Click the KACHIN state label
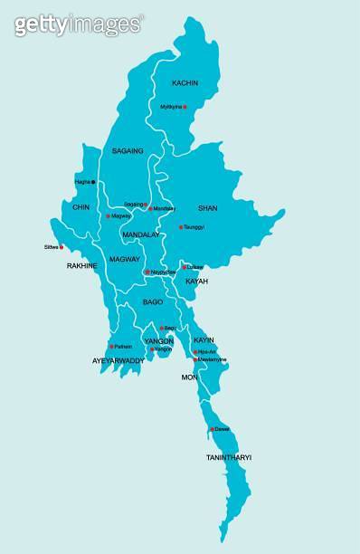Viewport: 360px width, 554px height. [185, 82]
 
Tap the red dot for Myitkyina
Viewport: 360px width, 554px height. [185, 107]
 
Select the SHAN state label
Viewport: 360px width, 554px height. [207, 208]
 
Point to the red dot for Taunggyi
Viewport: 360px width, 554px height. [181, 227]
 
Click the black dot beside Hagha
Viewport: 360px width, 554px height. [93, 182]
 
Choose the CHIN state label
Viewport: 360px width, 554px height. [81, 207]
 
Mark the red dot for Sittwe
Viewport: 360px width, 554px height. [62, 246]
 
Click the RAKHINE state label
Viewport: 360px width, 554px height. [82, 266]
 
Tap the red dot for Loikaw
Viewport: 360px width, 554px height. [185, 267]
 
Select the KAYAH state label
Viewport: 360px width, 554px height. [196, 282]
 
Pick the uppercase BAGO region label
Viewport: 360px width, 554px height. [153, 301]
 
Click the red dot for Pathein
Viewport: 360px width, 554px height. [111, 346]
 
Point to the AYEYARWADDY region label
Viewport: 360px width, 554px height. [118, 360]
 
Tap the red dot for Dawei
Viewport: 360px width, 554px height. [212, 429]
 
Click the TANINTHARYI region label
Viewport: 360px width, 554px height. [228, 458]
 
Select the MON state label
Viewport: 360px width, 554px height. [189, 377]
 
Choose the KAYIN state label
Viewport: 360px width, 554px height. [204, 339]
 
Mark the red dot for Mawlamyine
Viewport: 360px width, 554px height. [194, 359]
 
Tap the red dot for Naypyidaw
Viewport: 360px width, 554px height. [147, 272]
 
